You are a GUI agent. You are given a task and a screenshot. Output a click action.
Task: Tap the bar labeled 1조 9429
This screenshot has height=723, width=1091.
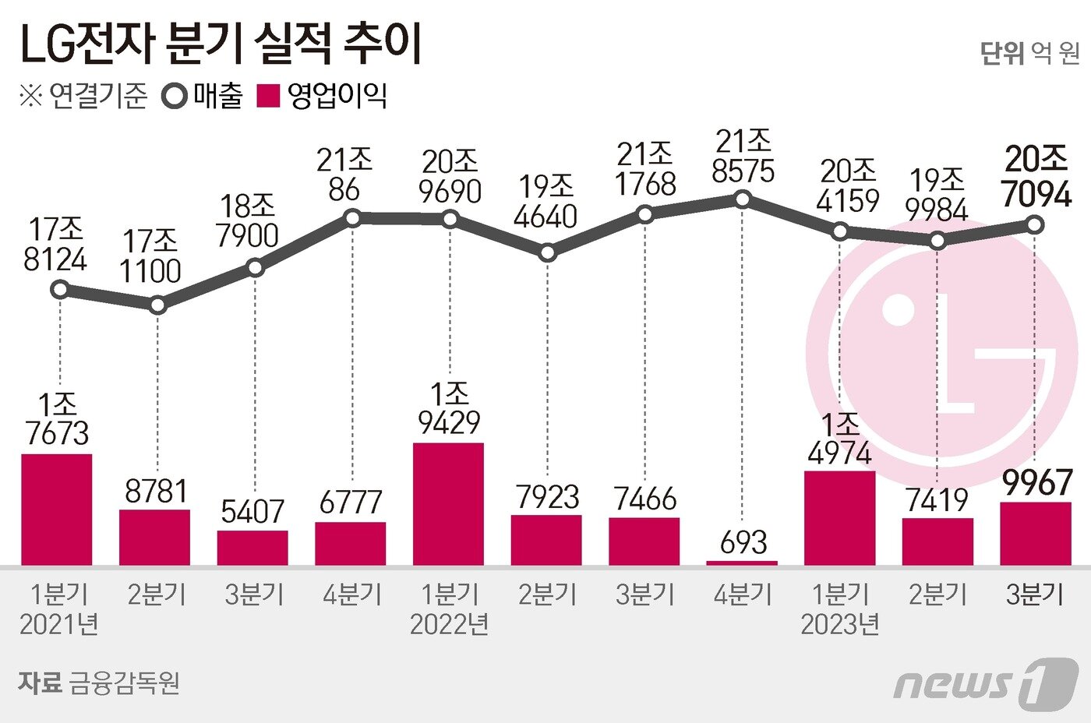tap(448, 503)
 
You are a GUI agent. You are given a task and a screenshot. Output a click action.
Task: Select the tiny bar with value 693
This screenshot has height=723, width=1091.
tap(742, 562)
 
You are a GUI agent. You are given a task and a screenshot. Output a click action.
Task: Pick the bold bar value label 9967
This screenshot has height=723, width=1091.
tap(1036, 483)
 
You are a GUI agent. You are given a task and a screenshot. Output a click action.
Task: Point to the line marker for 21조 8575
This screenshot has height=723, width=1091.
tap(743, 200)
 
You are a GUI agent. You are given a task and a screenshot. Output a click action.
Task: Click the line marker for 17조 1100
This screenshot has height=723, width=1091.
tap(157, 305)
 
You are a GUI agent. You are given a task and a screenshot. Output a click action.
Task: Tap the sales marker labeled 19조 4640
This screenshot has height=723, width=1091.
tap(547, 252)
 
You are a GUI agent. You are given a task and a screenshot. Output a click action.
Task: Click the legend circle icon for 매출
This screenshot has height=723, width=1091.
tap(174, 97)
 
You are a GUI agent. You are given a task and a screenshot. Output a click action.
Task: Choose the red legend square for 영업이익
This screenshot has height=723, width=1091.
tap(268, 97)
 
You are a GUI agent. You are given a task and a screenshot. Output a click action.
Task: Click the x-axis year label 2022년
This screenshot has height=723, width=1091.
tap(449, 625)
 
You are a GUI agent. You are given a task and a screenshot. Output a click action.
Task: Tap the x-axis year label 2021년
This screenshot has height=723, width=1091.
tap(58, 625)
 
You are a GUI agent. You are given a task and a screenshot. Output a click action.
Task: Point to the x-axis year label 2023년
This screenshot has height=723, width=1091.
tap(839, 625)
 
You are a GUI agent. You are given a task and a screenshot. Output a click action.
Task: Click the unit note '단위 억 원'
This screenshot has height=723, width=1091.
tap(1029, 53)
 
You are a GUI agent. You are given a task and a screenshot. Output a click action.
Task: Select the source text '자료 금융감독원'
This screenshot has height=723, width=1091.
tap(99, 682)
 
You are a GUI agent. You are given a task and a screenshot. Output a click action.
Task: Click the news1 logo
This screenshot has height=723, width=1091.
tap(985, 683)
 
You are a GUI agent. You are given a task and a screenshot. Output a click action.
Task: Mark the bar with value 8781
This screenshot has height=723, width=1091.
tap(154, 537)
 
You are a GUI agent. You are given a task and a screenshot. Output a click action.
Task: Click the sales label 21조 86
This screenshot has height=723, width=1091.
tap(344, 175)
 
